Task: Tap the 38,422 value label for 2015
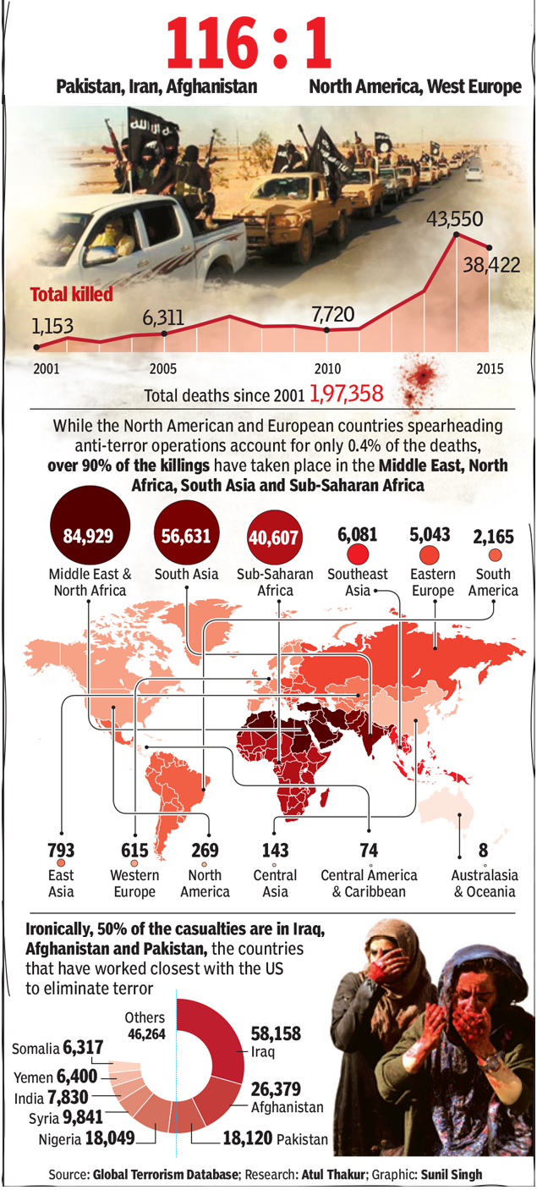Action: [x=490, y=265]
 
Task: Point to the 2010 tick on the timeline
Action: [x=327, y=369]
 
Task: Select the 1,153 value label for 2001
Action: [x=53, y=325]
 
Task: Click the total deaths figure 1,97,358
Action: [x=347, y=394]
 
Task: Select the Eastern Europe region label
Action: [x=432, y=581]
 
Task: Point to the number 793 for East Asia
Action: [x=61, y=849]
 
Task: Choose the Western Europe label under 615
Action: [x=134, y=884]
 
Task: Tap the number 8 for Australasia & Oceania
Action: [x=483, y=849]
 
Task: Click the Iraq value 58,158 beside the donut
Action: [x=276, y=1033]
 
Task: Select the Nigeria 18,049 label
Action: [x=86, y=1138]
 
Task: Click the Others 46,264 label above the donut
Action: [x=146, y=1025]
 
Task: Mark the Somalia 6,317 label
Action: [x=59, y=1049]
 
